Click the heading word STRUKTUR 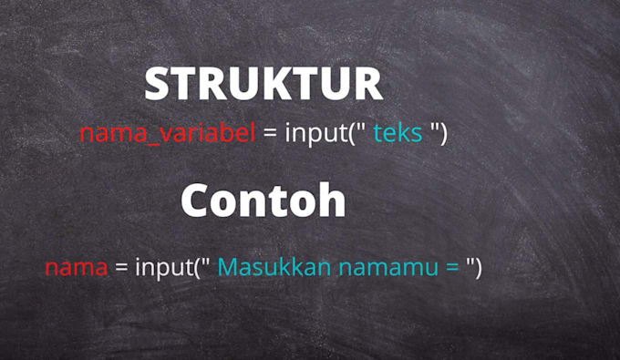pos(263,85)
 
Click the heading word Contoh pos(263,201)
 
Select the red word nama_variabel pos(167,134)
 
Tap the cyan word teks pos(398,134)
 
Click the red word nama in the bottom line pos(77,268)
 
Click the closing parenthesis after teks pos(443,134)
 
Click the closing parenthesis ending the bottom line pos(476,268)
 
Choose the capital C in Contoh pos(196,201)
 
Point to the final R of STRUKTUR pos(368,85)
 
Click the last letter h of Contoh pos(333,201)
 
